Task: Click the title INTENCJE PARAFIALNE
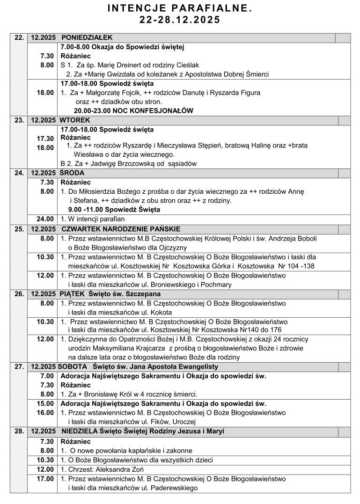[x=180, y=8]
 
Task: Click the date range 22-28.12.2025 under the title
[x=180, y=20]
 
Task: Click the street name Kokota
[x=161, y=312]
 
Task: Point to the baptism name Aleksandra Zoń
[x=119, y=469]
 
